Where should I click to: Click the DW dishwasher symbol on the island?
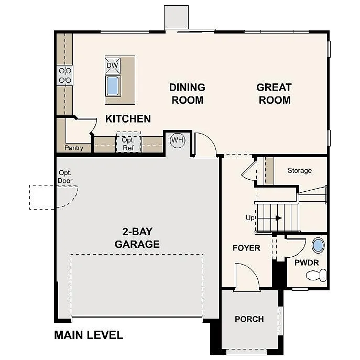pyautogui.click(x=113, y=66)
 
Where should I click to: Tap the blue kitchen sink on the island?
pyautogui.click(x=113, y=85)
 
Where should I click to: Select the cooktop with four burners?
pyautogui.click(x=65, y=75)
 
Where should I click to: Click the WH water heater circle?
pyautogui.click(x=178, y=140)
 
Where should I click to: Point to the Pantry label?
pyautogui.click(x=74, y=148)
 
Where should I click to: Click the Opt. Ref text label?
pyautogui.click(x=128, y=144)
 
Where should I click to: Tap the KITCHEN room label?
pyautogui.click(x=128, y=119)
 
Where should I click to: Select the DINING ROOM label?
pyautogui.click(x=187, y=93)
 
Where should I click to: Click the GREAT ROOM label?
pyautogui.click(x=274, y=93)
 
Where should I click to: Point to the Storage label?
pyautogui.click(x=300, y=170)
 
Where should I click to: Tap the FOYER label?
pyautogui.click(x=246, y=248)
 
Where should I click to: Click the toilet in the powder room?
pyautogui.click(x=317, y=275)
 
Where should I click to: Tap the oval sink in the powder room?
pyautogui.click(x=318, y=246)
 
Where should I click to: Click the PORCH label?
pyautogui.click(x=249, y=319)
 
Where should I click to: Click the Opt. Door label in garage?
pyautogui.click(x=66, y=177)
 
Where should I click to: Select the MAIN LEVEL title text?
pyautogui.click(x=89, y=335)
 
